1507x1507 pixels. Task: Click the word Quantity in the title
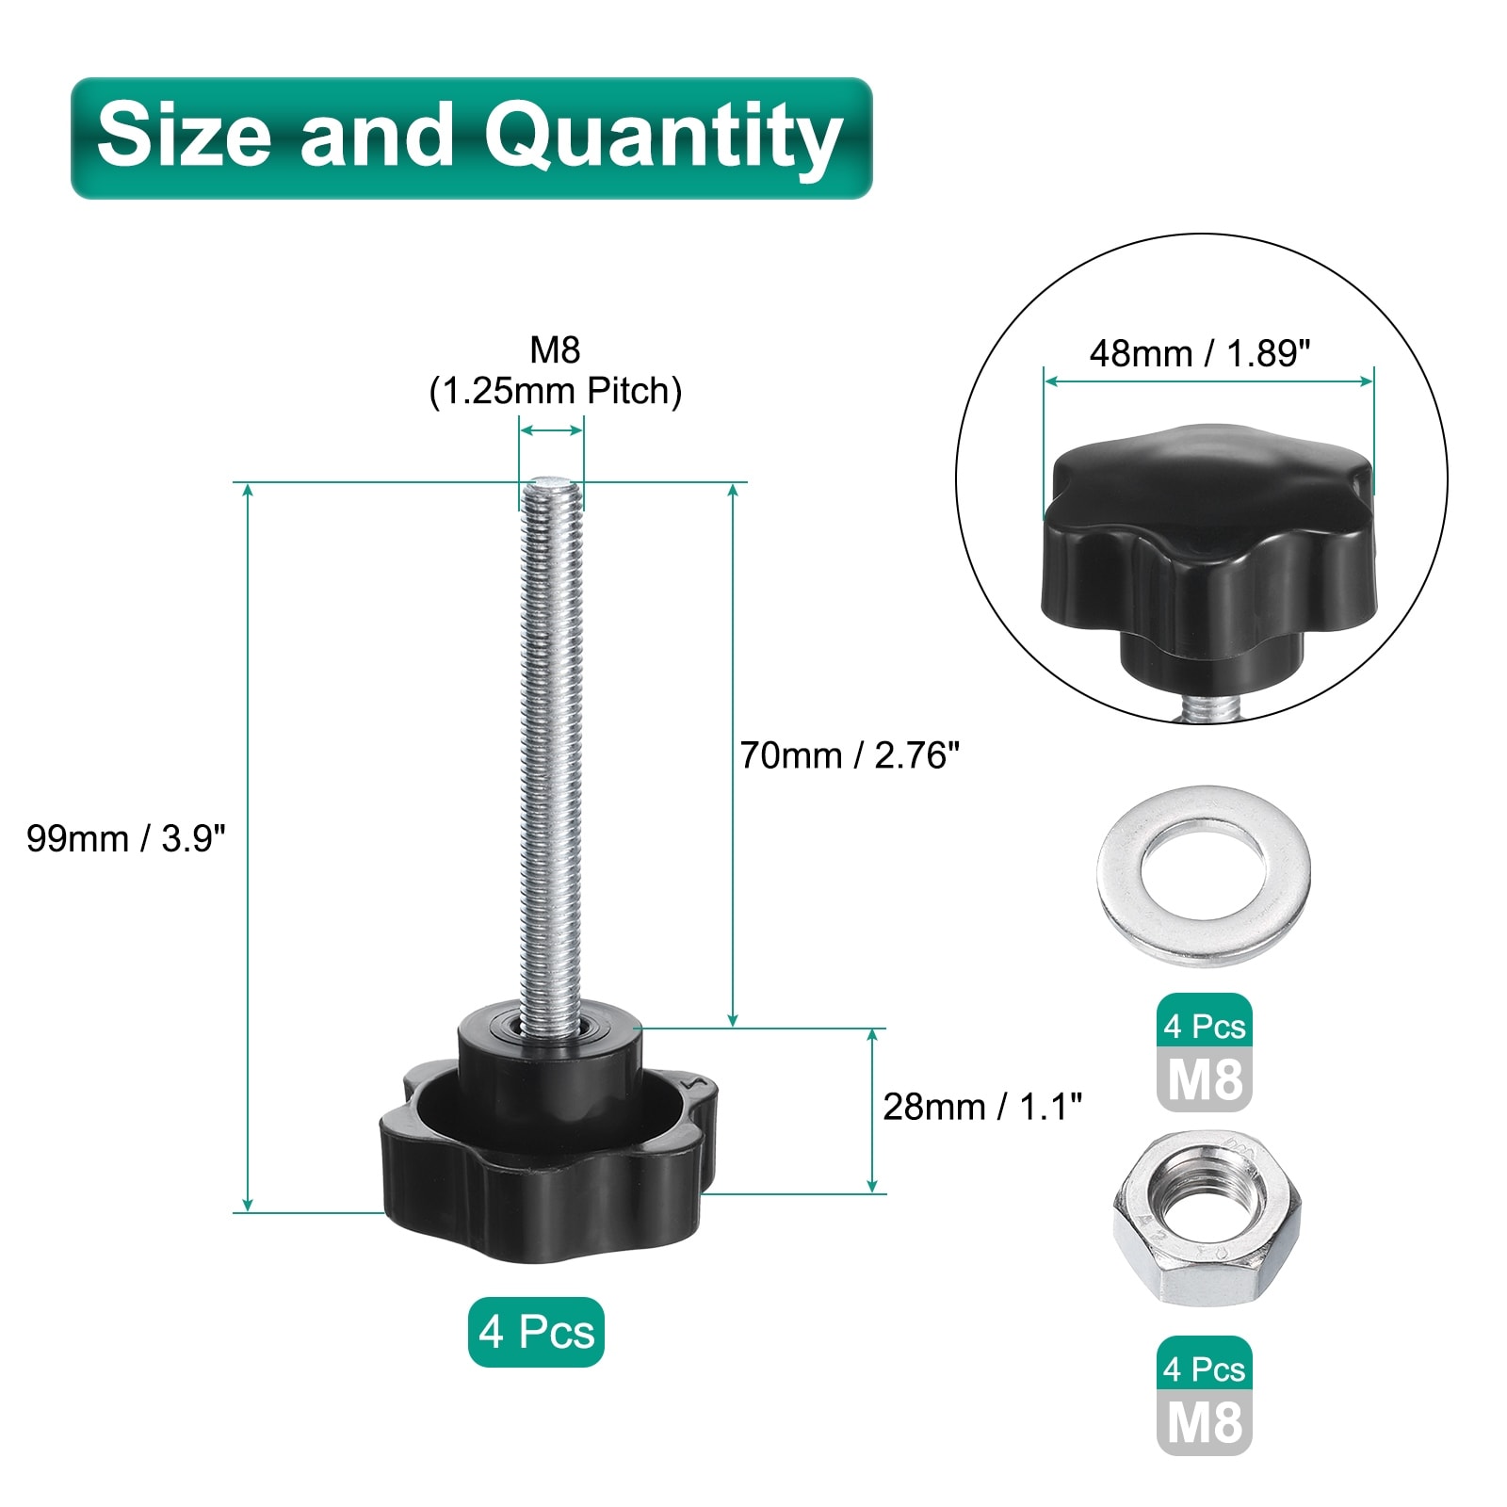click(663, 138)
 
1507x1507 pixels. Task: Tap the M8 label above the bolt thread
click(555, 350)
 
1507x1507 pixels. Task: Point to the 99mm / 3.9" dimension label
click(126, 838)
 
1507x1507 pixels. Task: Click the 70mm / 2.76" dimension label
click(850, 755)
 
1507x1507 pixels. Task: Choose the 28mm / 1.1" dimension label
click(982, 1107)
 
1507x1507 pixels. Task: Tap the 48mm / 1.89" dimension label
click(1200, 354)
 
